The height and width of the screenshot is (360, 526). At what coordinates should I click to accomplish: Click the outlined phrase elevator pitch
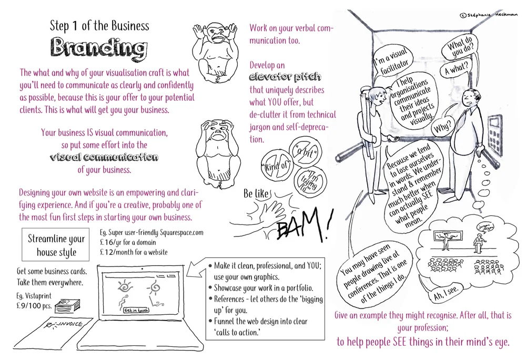(x=285, y=77)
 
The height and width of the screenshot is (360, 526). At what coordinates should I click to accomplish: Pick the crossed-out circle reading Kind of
(x=276, y=167)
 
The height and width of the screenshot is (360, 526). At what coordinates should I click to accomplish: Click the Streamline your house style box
(x=56, y=245)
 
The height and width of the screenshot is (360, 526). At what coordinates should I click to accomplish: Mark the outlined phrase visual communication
(x=104, y=157)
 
